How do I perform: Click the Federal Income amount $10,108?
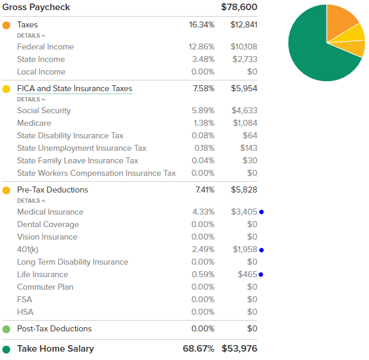244,46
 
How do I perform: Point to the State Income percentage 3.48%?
201,59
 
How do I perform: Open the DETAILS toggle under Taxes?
31,36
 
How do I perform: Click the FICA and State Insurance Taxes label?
75,89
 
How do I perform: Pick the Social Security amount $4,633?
244,110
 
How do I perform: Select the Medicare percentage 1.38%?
203,123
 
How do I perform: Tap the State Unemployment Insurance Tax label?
82,148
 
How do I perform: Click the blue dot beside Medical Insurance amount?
262,212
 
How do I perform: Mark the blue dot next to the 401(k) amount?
262,250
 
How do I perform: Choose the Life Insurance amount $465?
247,274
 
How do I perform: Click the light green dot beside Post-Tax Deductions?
7,329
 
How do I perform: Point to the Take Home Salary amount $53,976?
239,349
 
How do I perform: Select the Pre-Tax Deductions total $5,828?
244,190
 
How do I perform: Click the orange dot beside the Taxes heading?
7,25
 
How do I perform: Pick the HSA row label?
25,312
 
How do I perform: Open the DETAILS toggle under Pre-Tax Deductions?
31,201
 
